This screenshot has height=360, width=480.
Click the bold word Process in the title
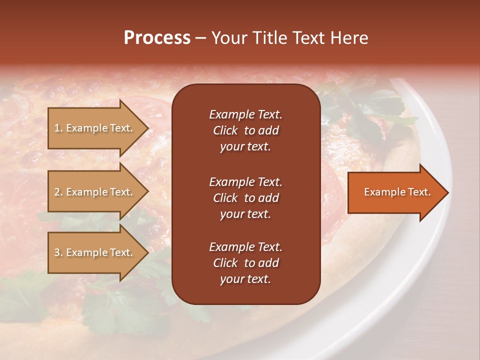pyautogui.click(x=157, y=38)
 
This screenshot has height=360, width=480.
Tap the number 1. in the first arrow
pyautogui.click(x=58, y=128)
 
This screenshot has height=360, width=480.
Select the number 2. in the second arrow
pyautogui.click(x=58, y=192)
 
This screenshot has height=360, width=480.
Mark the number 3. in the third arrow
pyautogui.click(x=58, y=252)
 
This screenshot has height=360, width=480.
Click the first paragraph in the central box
pyautogui.click(x=245, y=130)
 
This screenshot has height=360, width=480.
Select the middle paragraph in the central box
pyautogui.click(x=245, y=198)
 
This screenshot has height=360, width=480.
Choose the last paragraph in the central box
pyautogui.click(x=245, y=263)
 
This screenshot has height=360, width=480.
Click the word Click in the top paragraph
pyautogui.click(x=225, y=130)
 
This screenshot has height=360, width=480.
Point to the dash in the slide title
pyautogui.click(x=200, y=38)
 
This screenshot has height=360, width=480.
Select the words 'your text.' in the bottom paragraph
pyautogui.click(x=245, y=279)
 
